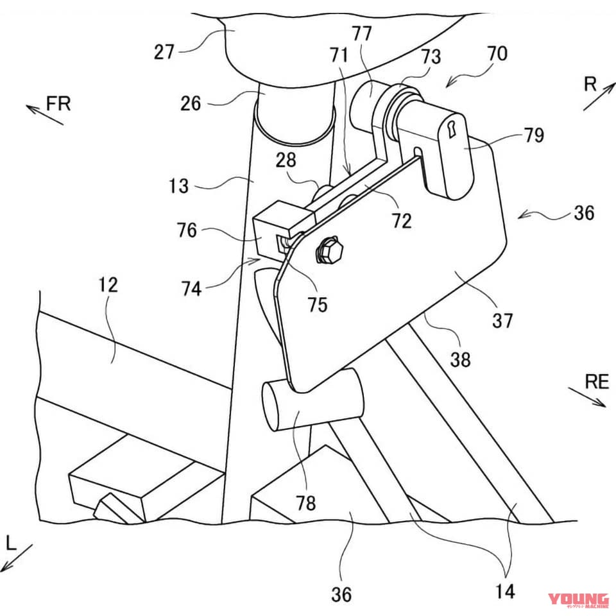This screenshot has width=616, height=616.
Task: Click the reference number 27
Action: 164,51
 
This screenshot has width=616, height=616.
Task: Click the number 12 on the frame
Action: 108,285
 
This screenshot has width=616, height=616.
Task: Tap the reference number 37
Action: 502,319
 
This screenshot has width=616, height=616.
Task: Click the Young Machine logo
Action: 577,600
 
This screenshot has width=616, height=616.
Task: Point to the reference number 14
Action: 506,591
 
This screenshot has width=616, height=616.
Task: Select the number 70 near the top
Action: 497,54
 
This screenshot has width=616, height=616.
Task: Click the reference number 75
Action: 317,304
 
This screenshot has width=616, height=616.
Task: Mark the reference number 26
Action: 191,103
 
